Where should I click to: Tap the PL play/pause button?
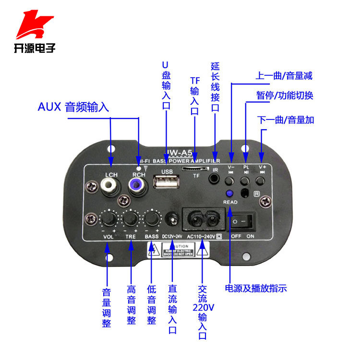point(245,181)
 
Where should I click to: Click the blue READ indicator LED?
point(229,193)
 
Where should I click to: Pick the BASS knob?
point(152,219)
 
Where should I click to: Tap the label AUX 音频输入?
point(73,107)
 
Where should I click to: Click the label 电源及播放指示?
point(256,288)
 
